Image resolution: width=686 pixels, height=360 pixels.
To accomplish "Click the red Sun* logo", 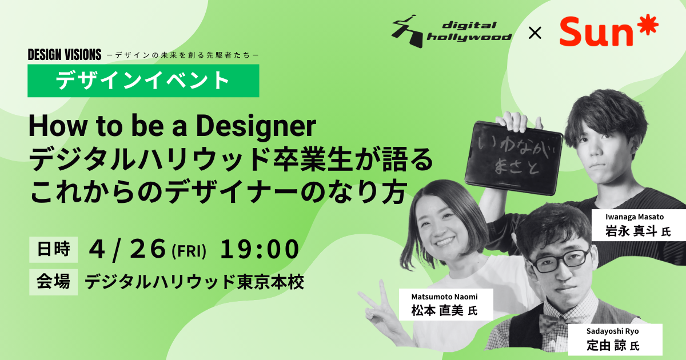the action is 608,31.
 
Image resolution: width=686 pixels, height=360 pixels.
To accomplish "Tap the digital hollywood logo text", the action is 469,31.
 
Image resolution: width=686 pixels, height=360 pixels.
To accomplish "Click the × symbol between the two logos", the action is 535,33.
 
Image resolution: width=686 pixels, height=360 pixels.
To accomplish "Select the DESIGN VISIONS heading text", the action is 64,55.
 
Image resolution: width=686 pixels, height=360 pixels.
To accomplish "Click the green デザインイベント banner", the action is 143,81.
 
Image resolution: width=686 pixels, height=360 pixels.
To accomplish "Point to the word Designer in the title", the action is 256,126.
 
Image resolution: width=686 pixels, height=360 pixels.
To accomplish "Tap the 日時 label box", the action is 53,250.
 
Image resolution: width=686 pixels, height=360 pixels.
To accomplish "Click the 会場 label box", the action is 53,282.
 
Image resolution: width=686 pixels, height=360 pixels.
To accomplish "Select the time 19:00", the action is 260,250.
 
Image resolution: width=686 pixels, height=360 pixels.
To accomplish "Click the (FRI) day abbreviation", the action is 189,251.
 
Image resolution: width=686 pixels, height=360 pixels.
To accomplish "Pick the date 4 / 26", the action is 127,250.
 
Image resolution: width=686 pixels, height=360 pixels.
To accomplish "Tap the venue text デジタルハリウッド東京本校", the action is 194,282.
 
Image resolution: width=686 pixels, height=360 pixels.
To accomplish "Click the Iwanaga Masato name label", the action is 639,225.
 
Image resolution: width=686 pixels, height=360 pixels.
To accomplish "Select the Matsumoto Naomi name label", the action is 446,305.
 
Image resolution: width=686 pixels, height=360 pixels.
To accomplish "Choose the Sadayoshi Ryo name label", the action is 615,339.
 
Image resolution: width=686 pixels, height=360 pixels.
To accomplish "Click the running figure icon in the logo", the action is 407,31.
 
